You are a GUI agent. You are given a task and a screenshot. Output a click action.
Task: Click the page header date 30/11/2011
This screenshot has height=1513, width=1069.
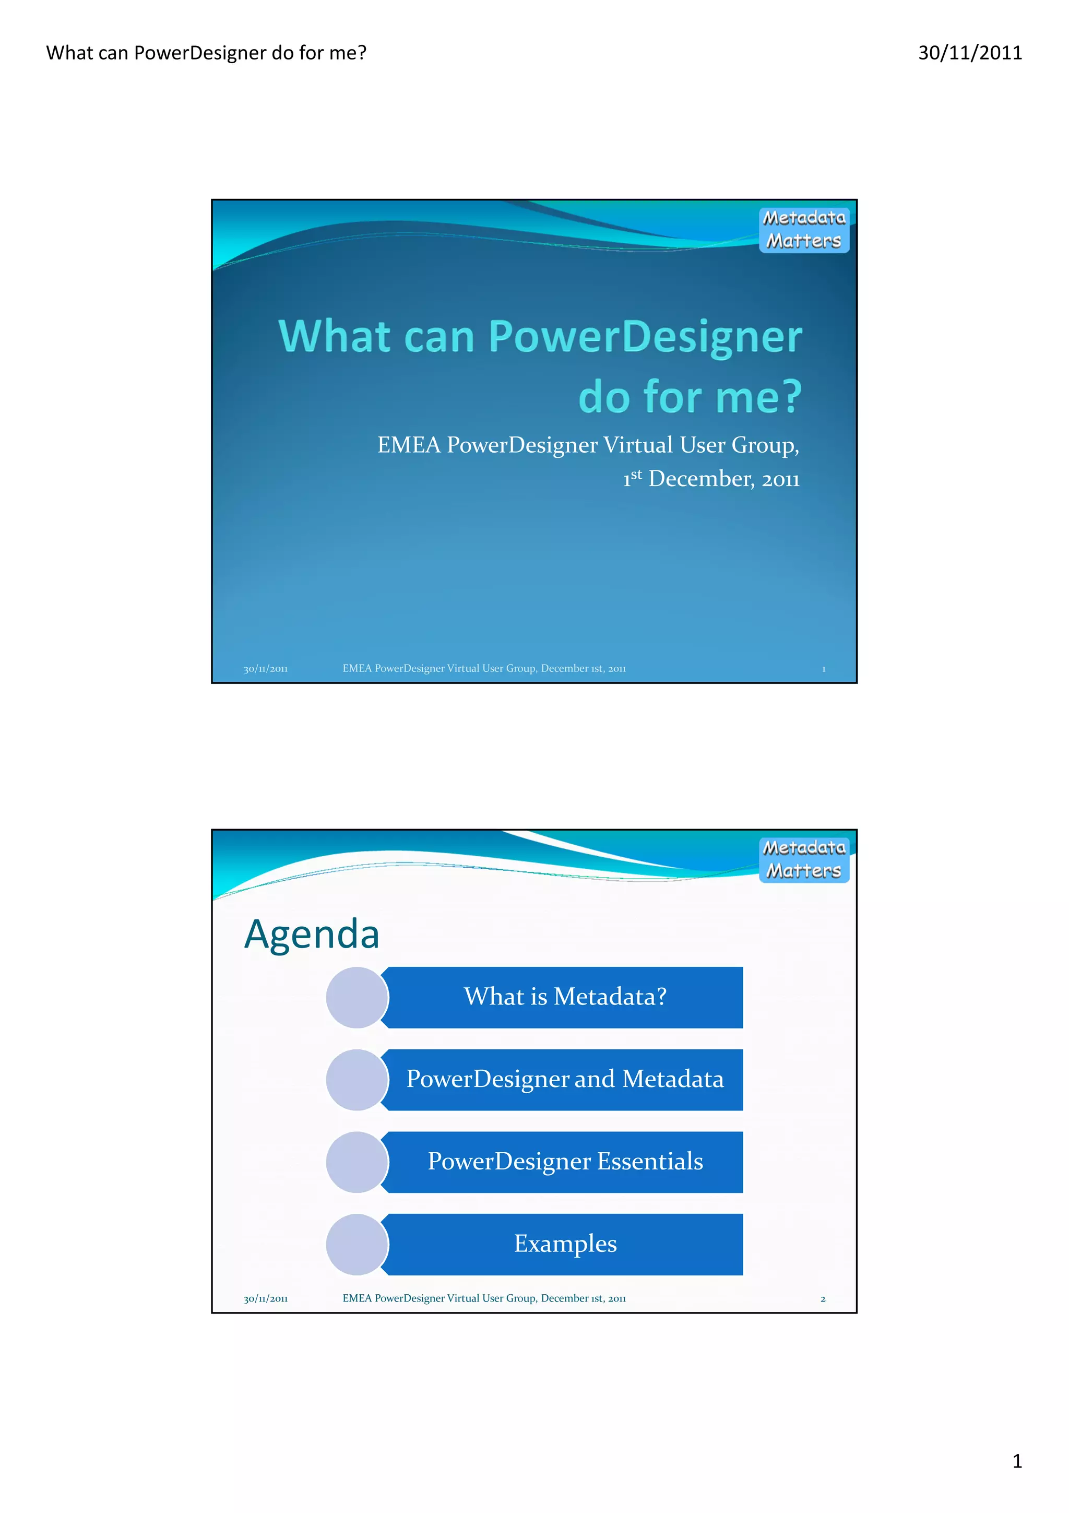click(969, 53)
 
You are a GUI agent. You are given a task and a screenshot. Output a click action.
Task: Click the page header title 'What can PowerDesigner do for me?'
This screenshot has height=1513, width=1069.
click(206, 53)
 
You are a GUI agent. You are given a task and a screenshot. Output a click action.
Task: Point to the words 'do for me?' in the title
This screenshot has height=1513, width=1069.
click(690, 397)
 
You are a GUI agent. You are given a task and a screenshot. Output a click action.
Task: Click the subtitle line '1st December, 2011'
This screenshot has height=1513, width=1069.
click(711, 478)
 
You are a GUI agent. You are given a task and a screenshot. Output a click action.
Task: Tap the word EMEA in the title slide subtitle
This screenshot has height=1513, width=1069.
click(408, 445)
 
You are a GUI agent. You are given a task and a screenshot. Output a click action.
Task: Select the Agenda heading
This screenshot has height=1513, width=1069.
click(312, 934)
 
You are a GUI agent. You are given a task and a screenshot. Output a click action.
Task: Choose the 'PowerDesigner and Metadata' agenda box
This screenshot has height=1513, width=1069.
click(565, 1079)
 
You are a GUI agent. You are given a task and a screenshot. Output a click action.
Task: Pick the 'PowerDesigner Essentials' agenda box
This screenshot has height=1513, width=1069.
click(565, 1161)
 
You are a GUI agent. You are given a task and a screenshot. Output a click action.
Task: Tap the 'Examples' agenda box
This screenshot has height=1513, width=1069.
click(565, 1244)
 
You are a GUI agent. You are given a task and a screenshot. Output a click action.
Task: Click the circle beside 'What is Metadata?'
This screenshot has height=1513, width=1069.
click(357, 997)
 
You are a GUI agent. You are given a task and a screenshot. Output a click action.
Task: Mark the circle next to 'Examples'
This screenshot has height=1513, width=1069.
click(357, 1244)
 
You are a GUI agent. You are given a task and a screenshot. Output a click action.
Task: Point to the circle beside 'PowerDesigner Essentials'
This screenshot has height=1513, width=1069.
click(357, 1162)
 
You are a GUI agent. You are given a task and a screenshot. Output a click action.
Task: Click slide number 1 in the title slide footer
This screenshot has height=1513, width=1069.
click(823, 669)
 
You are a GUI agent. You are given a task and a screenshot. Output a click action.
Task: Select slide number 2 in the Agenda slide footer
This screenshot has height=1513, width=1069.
click(823, 1299)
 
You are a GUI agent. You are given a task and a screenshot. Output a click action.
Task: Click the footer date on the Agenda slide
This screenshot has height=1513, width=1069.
click(266, 1299)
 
